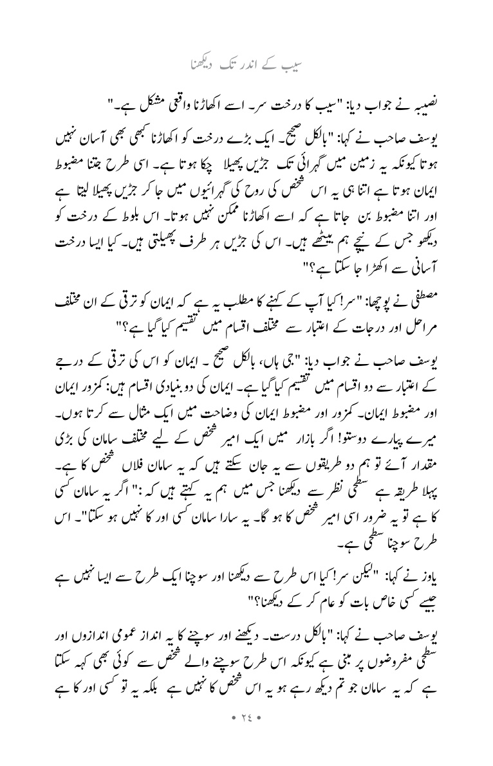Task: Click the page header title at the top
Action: pos(246,65)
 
